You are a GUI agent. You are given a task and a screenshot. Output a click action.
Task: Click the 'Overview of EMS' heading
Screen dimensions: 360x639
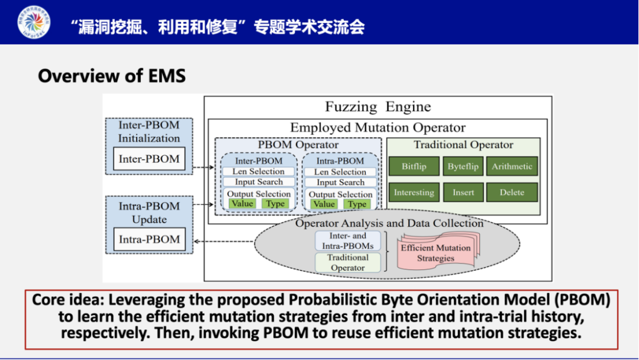(x=112, y=76)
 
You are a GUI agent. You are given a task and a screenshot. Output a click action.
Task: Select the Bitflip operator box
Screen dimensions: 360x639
(x=414, y=166)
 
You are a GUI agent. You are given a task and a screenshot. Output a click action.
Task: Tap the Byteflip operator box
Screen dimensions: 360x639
(x=463, y=166)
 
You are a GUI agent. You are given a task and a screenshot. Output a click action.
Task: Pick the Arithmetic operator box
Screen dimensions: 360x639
(x=512, y=166)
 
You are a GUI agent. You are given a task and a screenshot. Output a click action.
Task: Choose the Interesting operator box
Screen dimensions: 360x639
(x=414, y=192)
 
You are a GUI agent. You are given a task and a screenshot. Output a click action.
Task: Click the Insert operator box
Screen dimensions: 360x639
(x=463, y=192)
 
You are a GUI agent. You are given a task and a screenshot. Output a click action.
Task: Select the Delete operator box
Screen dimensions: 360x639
(x=512, y=192)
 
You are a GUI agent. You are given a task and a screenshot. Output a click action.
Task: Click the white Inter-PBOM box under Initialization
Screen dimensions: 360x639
(x=149, y=159)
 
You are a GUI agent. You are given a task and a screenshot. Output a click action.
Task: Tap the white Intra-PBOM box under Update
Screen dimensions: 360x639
(x=149, y=239)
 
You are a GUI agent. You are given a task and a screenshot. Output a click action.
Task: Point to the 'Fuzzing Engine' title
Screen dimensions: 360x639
(x=377, y=107)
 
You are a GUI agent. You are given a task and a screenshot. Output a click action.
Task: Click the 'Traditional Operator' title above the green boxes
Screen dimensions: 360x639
(x=463, y=145)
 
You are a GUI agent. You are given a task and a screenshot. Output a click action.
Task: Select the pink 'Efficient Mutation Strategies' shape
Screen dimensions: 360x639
(x=436, y=253)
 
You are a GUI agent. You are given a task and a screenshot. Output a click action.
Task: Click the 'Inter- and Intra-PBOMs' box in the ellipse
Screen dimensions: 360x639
(x=348, y=240)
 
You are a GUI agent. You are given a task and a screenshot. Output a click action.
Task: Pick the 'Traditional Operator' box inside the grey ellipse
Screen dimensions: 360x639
(x=348, y=262)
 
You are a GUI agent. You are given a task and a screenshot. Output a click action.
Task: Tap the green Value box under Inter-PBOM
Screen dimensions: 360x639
(x=242, y=204)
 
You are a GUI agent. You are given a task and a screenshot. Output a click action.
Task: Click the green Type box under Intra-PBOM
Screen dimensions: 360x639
(x=357, y=204)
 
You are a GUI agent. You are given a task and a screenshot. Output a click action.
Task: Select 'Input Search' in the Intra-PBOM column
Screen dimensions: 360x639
(x=340, y=183)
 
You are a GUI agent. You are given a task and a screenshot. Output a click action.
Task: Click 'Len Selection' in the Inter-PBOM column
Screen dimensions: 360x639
(x=259, y=172)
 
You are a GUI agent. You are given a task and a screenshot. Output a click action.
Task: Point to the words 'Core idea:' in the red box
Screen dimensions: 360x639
(x=65, y=300)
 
